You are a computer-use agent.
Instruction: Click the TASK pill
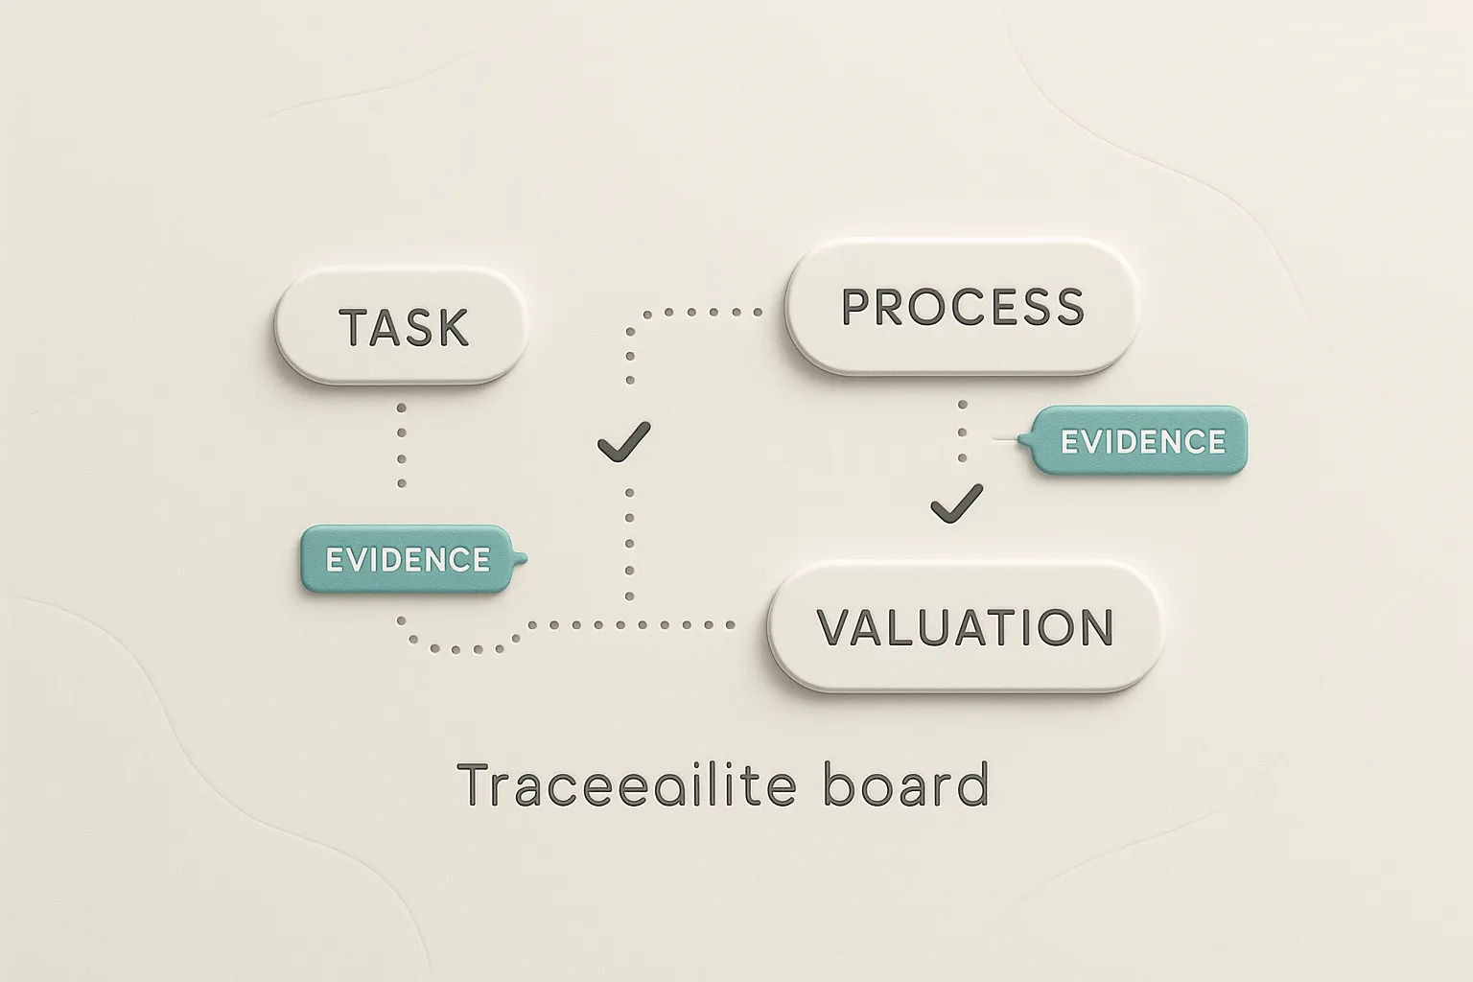point(402,325)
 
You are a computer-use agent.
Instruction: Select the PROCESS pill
point(962,306)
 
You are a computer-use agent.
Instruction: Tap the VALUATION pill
point(966,626)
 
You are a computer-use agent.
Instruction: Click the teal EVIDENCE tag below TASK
point(409,559)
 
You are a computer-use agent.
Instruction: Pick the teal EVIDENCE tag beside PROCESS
point(1142,441)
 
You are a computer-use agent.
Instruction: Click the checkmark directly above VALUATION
point(956,503)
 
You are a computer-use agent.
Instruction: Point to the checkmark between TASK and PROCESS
point(623,441)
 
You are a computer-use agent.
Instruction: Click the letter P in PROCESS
point(856,307)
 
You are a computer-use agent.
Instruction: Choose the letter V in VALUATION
point(836,627)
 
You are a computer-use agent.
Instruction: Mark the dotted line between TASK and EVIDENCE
point(402,445)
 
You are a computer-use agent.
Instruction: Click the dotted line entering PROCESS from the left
point(700,313)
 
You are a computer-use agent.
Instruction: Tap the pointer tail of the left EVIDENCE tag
point(521,558)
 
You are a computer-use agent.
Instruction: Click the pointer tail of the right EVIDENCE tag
point(1023,440)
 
